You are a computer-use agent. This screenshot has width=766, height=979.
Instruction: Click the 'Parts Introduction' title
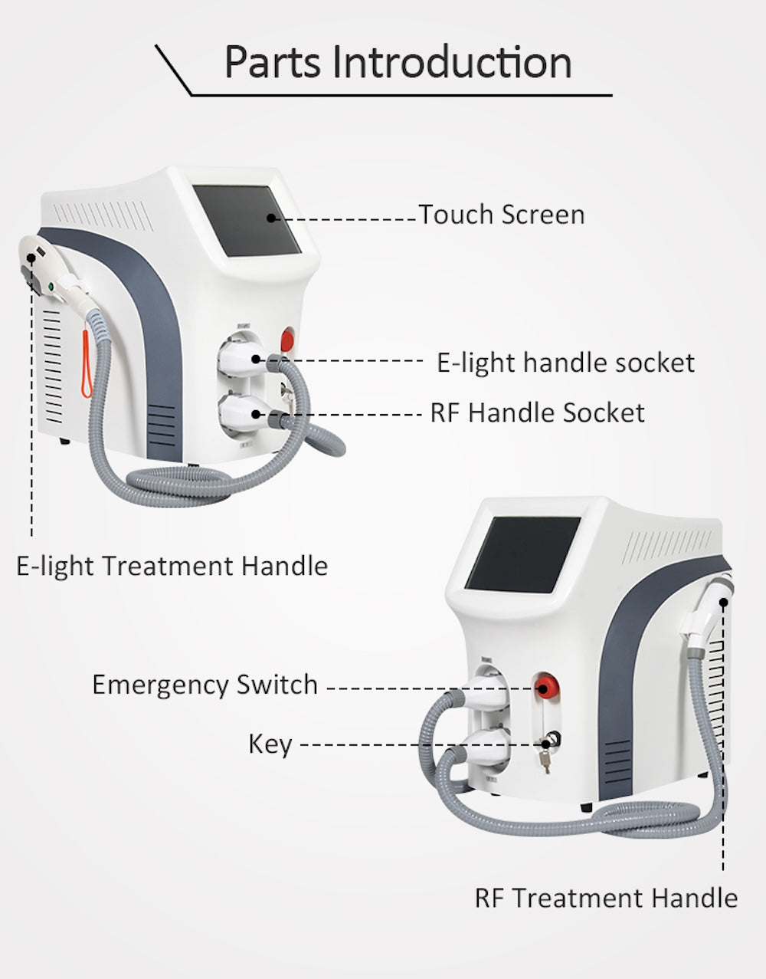point(398,63)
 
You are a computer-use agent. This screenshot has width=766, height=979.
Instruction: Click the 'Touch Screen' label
point(501,215)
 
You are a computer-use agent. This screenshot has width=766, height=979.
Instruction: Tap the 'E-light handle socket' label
point(565,363)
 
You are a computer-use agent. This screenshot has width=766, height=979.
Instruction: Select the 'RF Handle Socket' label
point(537,413)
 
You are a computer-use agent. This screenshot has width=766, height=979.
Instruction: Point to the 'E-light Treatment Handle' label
point(172,567)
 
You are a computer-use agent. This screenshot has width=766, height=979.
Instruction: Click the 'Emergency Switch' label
point(205,685)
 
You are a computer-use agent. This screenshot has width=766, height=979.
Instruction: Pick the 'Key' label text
point(270,744)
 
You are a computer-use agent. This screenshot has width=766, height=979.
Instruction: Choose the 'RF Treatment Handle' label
point(606,898)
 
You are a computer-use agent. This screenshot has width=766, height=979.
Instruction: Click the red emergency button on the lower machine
point(545,684)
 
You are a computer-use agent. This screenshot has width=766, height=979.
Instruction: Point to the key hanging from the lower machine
point(546,760)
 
